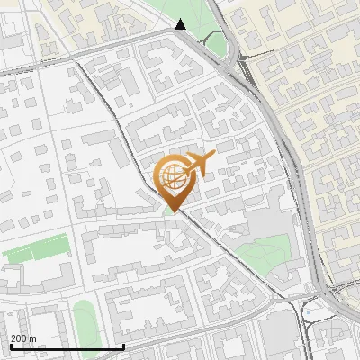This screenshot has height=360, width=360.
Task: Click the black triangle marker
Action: (x=181, y=24)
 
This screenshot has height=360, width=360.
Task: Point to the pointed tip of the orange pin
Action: (x=172, y=212)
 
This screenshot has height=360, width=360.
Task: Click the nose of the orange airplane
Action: (x=213, y=156)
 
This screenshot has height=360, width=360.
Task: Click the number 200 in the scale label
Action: (x=18, y=338)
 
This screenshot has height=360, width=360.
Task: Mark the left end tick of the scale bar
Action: (x=10, y=346)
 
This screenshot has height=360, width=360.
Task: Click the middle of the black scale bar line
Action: (x=54, y=347)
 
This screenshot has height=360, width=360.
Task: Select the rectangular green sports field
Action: (x=38, y=249)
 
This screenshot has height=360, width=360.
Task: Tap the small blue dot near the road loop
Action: (x=309, y=312)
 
